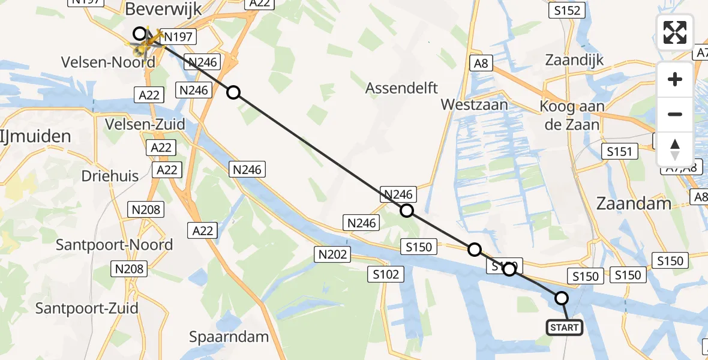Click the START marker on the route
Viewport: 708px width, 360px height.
tap(564, 327)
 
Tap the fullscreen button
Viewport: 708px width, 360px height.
tap(675, 32)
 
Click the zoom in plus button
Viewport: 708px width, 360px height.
tap(675, 79)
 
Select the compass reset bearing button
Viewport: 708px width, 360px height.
tap(675, 149)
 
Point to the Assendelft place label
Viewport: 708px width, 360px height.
tap(402, 88)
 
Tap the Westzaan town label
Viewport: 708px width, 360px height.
tap(474, 104)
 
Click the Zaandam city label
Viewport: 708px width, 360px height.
tap(634, 203)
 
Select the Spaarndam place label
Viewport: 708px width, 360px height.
tap(229, 337)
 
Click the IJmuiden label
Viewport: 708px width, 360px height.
tap(36, 136)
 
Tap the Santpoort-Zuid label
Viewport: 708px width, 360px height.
tap(87, 308)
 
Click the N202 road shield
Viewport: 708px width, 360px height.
tap(333, 255)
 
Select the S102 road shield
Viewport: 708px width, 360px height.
tap(385, 275)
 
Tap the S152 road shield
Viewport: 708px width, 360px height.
tap(567, 11)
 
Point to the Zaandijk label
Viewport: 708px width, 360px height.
tap(574, 59)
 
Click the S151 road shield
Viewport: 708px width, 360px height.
tap(620, 151)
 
